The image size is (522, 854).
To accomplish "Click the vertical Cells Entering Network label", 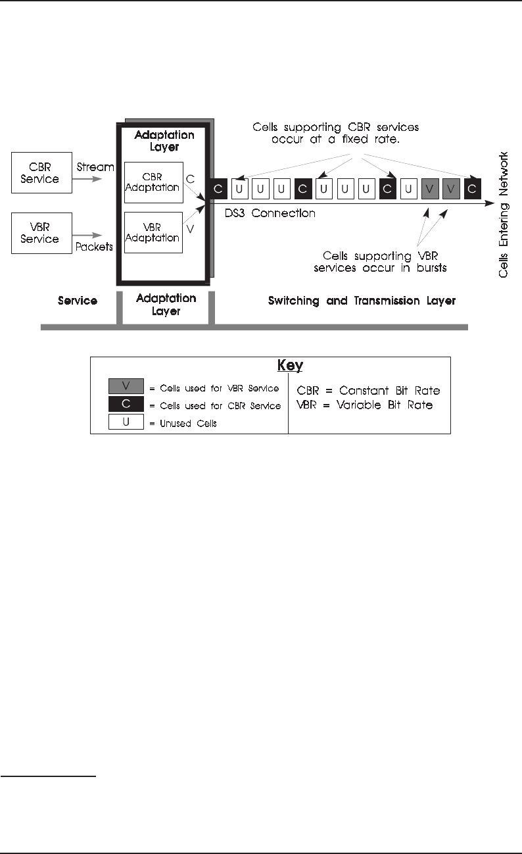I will click(503, 214).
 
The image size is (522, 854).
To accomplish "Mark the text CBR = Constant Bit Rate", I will click(368, 391).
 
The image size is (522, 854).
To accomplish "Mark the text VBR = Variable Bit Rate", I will click(365, 405).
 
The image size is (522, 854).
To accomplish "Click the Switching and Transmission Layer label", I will click(362, 301).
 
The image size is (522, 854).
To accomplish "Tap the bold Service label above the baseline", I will click(78, 301).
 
